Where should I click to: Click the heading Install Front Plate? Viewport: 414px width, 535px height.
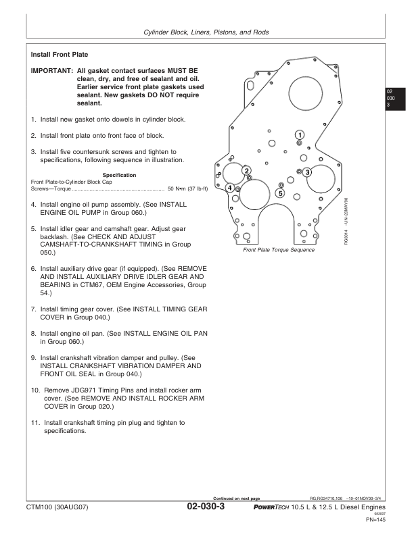pos(60,54)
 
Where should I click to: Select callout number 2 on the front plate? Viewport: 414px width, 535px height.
pos(247,170)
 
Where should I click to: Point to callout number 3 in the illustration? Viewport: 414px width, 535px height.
pos(307,172)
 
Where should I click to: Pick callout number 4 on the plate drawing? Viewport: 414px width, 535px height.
pos(230,187)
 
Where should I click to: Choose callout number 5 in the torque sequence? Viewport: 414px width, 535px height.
pos(280,194)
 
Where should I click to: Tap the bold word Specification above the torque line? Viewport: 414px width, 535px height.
pos(119,176)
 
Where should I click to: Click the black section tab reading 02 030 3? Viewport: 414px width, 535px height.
pos(393,99)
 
